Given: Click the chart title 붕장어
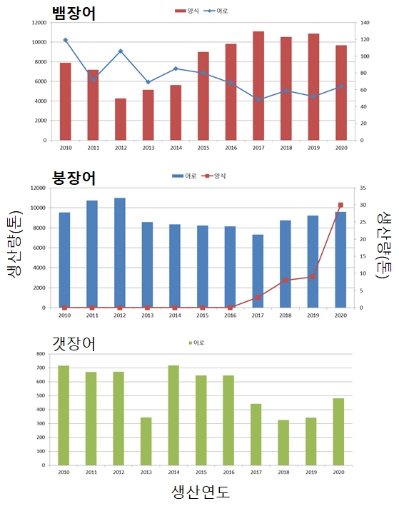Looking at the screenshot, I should tap(75, 178).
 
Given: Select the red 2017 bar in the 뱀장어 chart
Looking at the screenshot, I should tap(258, 86).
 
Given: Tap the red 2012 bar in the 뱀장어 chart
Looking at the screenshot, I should tap(120, 119).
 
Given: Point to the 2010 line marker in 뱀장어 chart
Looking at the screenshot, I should tap(65, 40).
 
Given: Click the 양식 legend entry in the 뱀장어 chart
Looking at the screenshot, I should tap(187, 11).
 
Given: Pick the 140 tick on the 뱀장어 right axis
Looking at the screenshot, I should tap(363, 23).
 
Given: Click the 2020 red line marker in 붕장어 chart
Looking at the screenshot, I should tap(340, 205).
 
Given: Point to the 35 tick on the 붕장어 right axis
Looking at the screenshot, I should tap(362, 188).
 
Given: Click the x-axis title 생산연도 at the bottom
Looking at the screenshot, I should tap(201, 492).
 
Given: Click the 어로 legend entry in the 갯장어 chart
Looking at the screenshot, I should tap(196, 343).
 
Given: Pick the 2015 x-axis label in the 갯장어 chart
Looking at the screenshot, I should tap(202, 471).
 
